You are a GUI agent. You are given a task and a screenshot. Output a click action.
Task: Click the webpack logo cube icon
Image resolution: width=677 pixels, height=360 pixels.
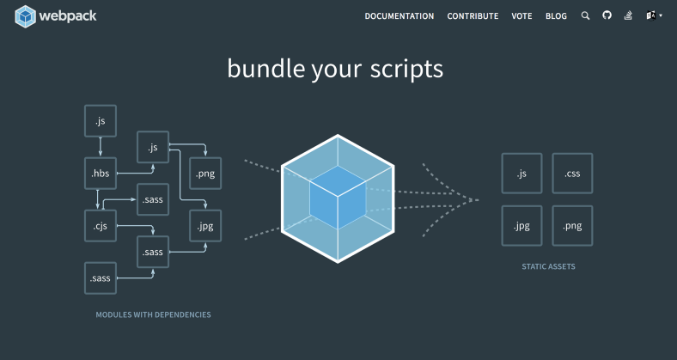27,15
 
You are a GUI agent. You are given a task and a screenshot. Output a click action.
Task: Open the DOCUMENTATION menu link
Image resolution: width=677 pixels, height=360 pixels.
399,16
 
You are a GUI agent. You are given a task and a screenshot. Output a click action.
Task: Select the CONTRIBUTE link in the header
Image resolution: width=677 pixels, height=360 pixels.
473,16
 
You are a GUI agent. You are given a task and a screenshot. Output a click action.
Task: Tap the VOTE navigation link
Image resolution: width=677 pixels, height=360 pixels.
521,16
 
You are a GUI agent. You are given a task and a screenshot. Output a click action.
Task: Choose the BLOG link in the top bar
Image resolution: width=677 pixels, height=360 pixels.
556,16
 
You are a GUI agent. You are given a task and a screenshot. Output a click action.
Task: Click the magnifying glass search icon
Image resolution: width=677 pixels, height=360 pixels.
586,15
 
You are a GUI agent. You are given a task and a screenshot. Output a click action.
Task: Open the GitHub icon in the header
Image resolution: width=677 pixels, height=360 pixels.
607,15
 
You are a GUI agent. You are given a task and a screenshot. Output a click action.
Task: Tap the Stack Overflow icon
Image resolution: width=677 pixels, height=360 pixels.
628,15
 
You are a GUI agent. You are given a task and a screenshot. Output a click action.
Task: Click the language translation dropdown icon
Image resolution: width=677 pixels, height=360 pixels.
653,15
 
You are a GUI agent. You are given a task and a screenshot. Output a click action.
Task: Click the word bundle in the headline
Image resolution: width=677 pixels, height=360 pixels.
262,69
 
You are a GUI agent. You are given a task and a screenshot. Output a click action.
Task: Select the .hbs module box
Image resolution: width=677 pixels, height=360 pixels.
101,174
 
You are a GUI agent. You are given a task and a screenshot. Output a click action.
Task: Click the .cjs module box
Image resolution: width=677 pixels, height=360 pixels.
101,227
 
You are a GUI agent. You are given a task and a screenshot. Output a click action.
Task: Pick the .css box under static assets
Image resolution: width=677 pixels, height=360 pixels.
572,174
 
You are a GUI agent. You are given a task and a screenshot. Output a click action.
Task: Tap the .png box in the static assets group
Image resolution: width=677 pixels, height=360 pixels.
572,227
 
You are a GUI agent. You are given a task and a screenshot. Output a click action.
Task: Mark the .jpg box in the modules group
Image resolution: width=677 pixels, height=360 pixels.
204,227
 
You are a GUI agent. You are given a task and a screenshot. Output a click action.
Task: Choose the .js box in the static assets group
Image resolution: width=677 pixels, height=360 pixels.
521,174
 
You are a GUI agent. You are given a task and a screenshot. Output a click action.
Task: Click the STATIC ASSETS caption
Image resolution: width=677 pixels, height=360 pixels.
548,267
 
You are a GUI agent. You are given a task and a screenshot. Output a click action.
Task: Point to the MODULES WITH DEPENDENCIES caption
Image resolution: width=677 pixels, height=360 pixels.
153,315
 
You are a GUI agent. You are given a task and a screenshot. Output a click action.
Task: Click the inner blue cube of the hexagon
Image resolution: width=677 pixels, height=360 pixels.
338,197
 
